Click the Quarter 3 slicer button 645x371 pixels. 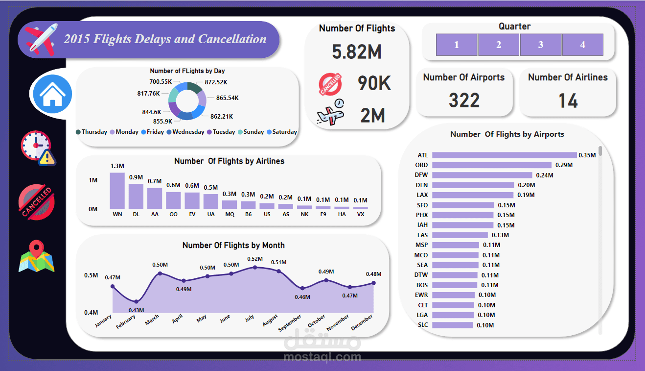(x=541, y=45)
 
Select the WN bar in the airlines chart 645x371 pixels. (x=117, y=191)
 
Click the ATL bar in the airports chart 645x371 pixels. (x=504, y=155)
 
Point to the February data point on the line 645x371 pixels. (x=137, y=301)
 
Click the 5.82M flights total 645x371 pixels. (x=357, y=51)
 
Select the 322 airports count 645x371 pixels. (x=464, y=100)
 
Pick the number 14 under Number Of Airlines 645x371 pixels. (x=568, y=101)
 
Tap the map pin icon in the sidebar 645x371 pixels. (x=36, y=256)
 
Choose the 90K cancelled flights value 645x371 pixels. (x=374, y=83)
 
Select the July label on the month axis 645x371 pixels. (x=250, y=319)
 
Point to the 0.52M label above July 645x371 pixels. (x=254, y=259)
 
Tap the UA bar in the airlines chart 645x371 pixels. (x=210, y=201)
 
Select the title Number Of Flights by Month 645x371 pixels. (x=233, y=245)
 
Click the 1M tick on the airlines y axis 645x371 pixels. (x=93, y=180)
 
